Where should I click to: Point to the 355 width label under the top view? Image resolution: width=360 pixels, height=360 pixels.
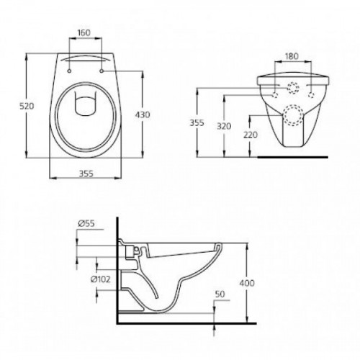[x=84, y=173]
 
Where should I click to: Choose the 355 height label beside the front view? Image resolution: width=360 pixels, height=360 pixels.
[x=205, y=122]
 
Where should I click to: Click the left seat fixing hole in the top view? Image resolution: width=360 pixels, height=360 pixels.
[x=68, y=71]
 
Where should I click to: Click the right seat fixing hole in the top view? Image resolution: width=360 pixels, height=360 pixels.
[x=101, y=71]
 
